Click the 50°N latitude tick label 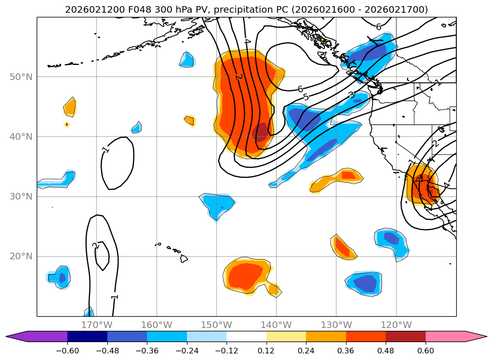[21, 77]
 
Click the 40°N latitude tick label [21, 136]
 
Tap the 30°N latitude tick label [21, 196]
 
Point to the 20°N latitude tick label [21, 256]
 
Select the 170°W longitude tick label [97, 325]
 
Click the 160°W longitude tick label [157, 325]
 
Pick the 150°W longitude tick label [217, 325]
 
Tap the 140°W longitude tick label [276, 325]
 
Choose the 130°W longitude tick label [336, 325]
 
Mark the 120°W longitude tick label [396, 325]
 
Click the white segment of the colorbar [246, 336]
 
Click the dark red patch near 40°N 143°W [260, 132]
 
